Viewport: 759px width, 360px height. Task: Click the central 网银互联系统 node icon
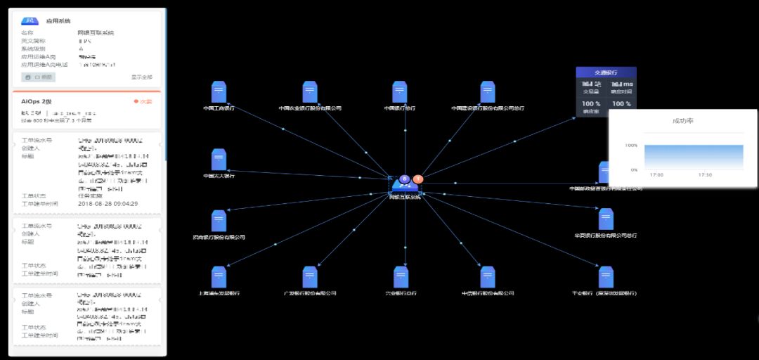pyautogui.click(x=405, y=186)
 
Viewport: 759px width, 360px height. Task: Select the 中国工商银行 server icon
pyautogui.click(x=219, y=92)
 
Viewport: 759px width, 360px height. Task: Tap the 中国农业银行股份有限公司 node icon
pyautogui.click(x=310, y=92)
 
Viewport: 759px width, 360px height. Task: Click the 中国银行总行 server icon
pyautogui.click(x=400, y=92)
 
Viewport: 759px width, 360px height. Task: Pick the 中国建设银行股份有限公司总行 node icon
pyautogui.click(x=488, y=92)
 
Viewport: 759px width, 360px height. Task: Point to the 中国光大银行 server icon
pyautogui.click(x=219, y=160)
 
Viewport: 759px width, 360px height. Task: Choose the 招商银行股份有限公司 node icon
pyautogui.click(x=219, y=221)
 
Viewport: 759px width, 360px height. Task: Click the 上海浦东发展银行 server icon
pyautogui.click(x=219, y=277)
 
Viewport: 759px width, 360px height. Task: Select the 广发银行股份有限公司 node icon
pyautogui.click(x=310, y=277)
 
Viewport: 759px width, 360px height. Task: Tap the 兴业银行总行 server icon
pyautogui.click(x=401, y=277)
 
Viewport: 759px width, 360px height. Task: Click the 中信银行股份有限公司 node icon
pyautogui.click(x=488, y=277)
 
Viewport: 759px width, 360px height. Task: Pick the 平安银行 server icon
pyautogui.click(x=605, y=277)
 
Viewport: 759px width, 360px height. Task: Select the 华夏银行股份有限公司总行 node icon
pyautogui.click(x=605, y=219)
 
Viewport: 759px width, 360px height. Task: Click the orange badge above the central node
pyautogui.click(x=418, y=179)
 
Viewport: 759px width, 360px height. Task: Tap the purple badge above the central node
pyautogui.click(x=405, y=179)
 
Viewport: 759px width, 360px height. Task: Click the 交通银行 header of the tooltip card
pyautogui.click(x=606, y=72)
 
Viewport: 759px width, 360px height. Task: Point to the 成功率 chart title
pyautogui.click(x=682, y=121)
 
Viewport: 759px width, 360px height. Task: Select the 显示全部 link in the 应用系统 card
pyautogui.click(x=142, y=77)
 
